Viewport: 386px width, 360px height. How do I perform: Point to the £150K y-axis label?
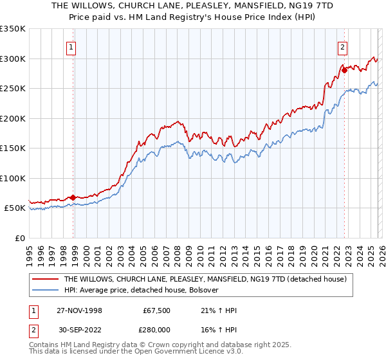coord(13,148)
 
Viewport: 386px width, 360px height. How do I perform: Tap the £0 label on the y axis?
coord(19,238)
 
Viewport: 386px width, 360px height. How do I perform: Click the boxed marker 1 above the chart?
coord(71,46)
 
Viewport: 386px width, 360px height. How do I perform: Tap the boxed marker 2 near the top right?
coord(343,46)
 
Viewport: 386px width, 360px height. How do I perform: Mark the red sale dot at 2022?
coord(344,70)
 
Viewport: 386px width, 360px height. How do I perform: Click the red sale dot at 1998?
coord(73,197)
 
